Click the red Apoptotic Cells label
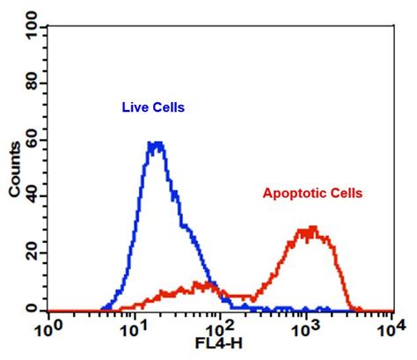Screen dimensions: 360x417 312,193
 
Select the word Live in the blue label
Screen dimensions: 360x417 133,107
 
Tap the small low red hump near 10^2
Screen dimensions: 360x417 198,285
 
